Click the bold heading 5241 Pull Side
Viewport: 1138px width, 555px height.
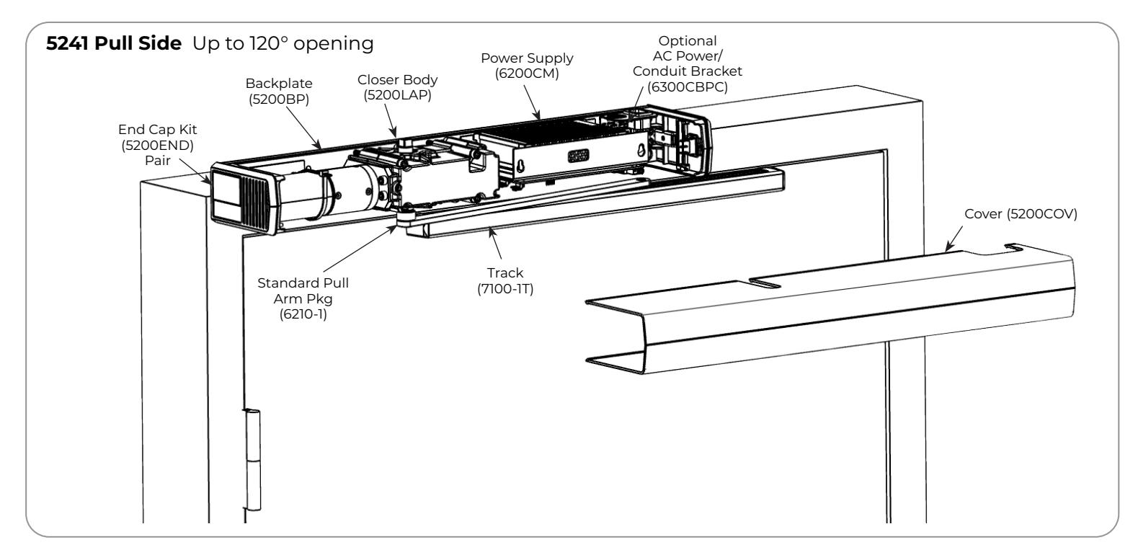click(x=113, y=44)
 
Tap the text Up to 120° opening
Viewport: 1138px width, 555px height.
click(x=283, y=44)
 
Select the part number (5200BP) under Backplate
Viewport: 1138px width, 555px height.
click(x=279, y=99)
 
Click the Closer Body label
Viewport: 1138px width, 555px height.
click(x=397, y=80)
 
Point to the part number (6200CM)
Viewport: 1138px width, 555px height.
click(x=527, y=74)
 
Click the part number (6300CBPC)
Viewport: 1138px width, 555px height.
click(x=688, y=87)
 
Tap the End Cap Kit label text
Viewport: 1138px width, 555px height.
click(x=158, y=130)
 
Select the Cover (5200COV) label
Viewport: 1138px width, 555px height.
click(x=1021, y=214)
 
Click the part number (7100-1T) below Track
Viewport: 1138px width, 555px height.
click(x=505, y=289)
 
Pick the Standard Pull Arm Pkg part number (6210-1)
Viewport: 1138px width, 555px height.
click(x=303, y=314)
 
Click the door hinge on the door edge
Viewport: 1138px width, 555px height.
click(x=252, y=459)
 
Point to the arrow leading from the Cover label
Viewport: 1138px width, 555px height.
click(x=953, y=239)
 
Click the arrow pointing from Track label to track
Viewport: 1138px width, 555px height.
click(x=495, y=244)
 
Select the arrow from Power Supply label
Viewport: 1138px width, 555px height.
click(x=532, y=102)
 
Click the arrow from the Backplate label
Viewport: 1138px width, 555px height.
click(x=303, y=128)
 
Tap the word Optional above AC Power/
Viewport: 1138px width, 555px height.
click(x=688, y=41)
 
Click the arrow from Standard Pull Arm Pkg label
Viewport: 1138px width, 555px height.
click(x=360, y=249)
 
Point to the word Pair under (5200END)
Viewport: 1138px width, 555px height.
click(x=158, y=161)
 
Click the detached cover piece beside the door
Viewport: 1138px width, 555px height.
click(x=830, y=310)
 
